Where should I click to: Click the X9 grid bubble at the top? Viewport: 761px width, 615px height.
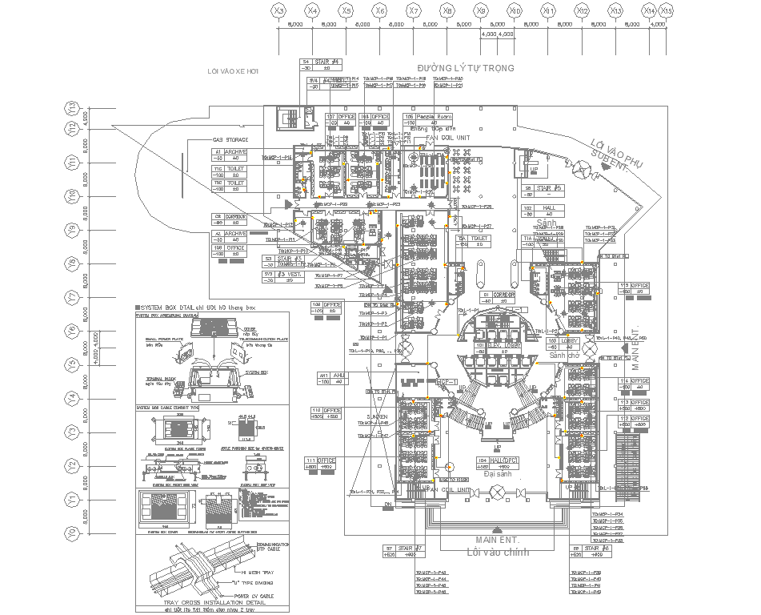pos(481,11)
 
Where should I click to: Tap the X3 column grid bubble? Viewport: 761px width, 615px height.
pos(278,11)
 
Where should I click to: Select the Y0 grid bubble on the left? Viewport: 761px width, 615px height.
pos(71,532)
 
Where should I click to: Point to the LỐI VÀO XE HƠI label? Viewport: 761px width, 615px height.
pos(234,71)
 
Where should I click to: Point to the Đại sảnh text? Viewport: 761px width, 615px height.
pos(497,474)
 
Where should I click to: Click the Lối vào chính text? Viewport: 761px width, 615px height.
pos(497,552)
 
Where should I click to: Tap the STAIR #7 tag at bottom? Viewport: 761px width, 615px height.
pos(408,549)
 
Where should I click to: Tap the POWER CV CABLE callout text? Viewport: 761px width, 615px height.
pos(265,596)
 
